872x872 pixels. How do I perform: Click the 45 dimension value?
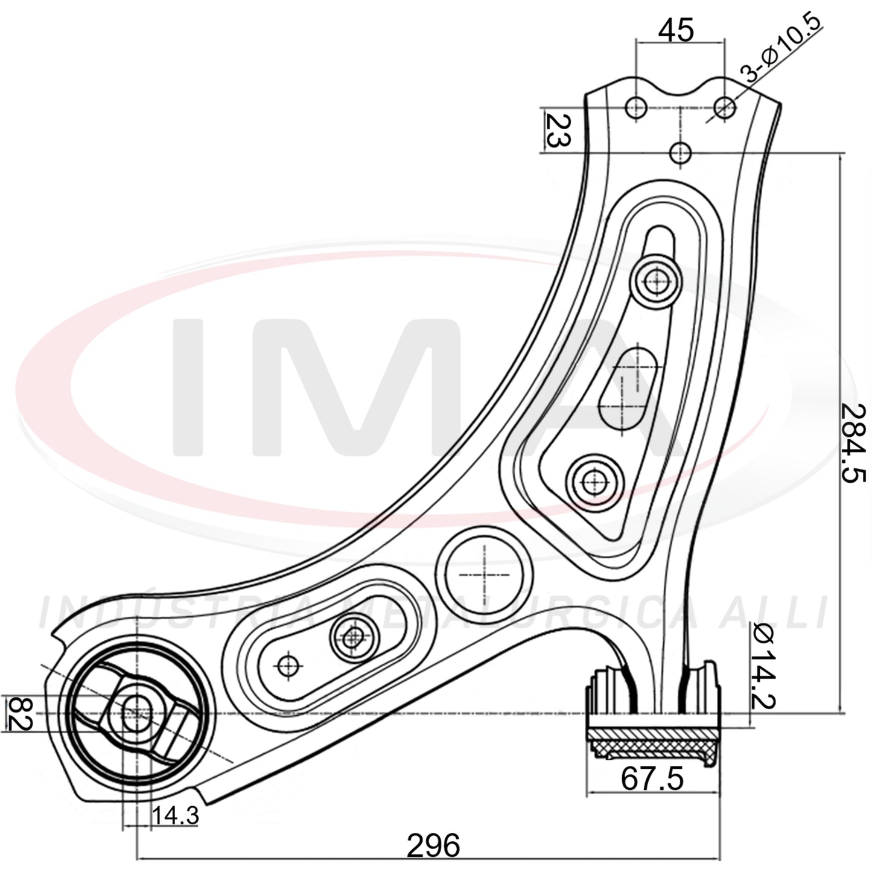pyautogui.click(x=676, y=31)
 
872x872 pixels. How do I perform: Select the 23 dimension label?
pyautogui.click(x=558, y=131)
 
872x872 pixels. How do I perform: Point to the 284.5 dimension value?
pyautogui.click(x=853, y=443)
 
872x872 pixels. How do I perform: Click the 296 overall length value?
pyautogui.click(x=433, y=845)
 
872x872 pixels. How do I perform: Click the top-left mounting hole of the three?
pyautogui.click(x=636, y=107)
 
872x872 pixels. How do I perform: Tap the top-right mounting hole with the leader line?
pyautogui.click(x=725, y=107)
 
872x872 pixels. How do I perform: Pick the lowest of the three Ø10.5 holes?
pyautogui.click(x=680, y=153)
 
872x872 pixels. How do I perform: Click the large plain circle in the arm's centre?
pyautogui.click(x=484, y=574)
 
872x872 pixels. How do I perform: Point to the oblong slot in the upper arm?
pyautogui.click(x=628, y=389)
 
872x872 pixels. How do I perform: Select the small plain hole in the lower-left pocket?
pyautogui.click(x=288, y=666)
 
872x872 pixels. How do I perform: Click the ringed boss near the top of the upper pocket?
pyautogui.click(x=656, y=281)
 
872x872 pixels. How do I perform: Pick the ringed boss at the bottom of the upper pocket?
pyautogui.click(x=594, y=483)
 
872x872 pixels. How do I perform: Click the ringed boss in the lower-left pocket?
pyautogui.click(x=354, y=638)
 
